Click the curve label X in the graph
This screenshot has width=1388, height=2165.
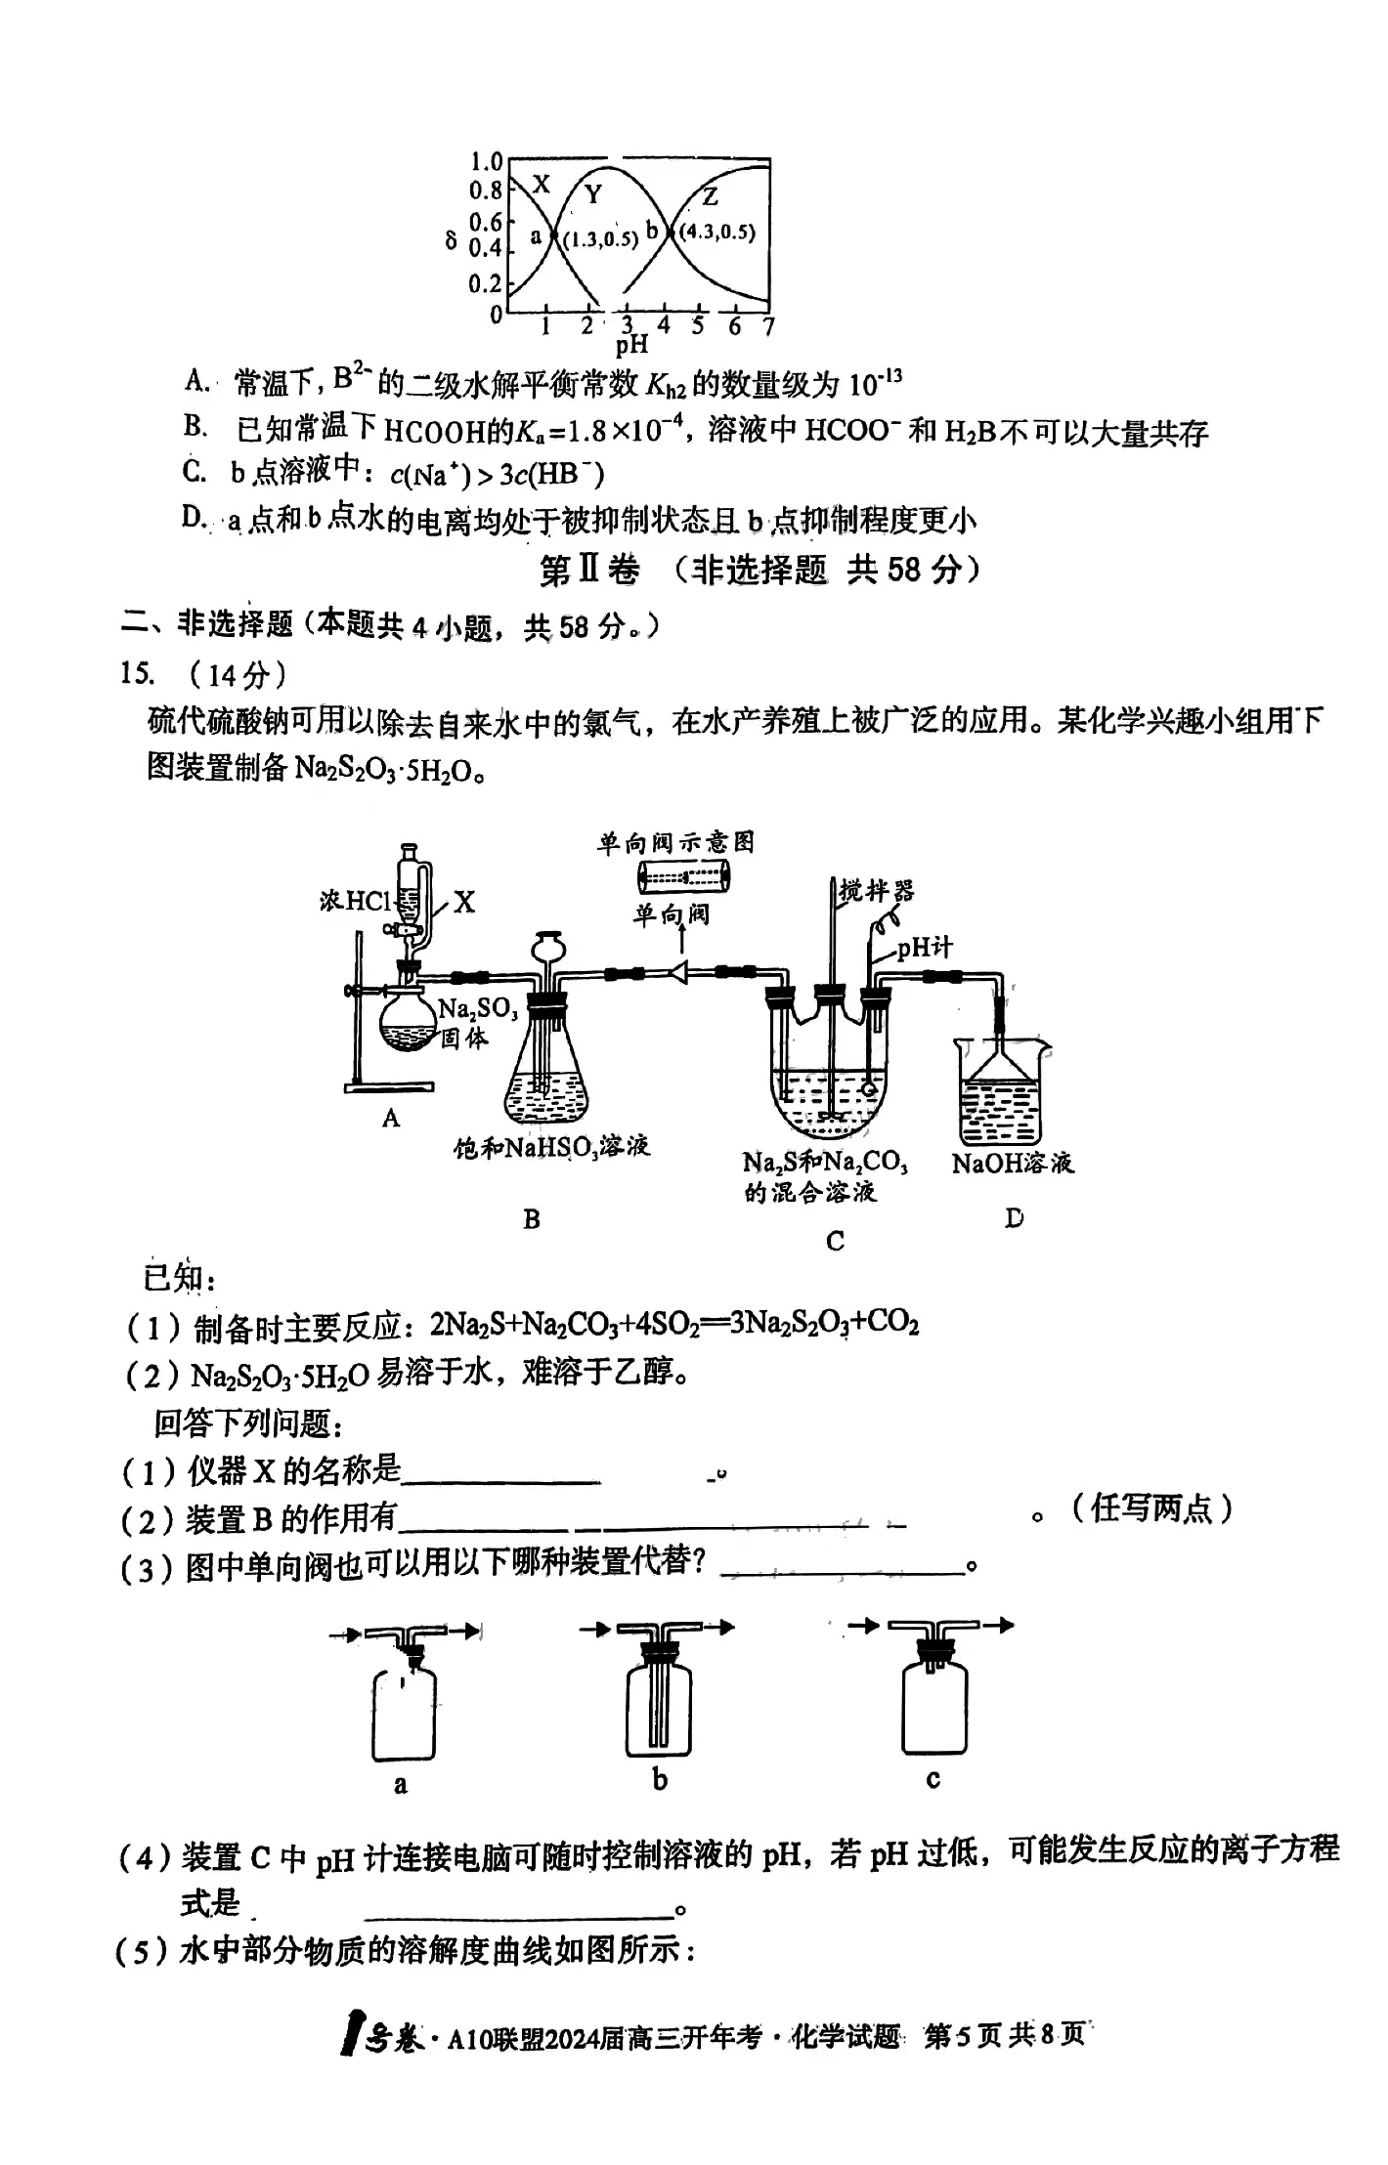coord(542,185)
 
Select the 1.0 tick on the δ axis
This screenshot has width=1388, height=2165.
coord(486,161)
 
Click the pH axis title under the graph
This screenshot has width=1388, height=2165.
coord(631,344)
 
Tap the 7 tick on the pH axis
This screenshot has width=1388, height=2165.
coord(768,326)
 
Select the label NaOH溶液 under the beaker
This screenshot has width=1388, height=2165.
coord(1013,1163)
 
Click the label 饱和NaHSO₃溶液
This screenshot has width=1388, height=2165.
coord(552,1147)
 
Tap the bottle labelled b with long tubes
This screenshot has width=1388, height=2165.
coord(659,1708)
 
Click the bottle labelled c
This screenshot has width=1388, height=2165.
coord(934,1705)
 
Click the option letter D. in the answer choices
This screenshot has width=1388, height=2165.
coord(194,518)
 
